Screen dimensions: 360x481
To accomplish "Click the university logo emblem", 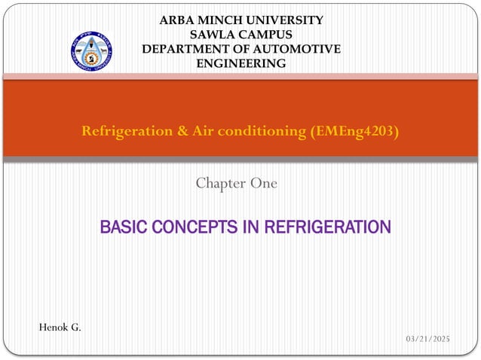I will click(91, 51).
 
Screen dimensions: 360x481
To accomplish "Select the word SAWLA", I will click(213, 35).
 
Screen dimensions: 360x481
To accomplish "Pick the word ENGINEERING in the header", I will click(241, 63).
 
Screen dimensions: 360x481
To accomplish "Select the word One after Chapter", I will click(263, 183).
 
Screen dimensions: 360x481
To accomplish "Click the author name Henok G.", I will click(60, 327).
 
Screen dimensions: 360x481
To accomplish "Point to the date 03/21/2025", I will click(427, 340).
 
